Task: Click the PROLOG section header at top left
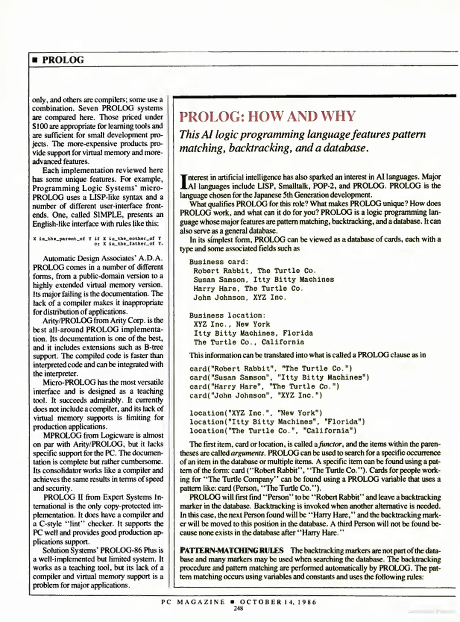(x=63, y=60)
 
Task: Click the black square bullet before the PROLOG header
(x=35, y=60)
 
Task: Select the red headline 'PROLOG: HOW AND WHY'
(x=267, y=116)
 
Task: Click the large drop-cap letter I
(x=183, y=182)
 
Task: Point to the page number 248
(x=238, y=608)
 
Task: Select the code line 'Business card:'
(x=219, y=262)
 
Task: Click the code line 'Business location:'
(x=227, y=315)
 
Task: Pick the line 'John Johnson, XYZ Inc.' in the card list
(x=240, y=297)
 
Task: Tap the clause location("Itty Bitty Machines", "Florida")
(x=277, y=422)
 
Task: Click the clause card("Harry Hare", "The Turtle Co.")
(x=264, y=386)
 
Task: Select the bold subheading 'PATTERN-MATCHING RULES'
(x=232, y=551)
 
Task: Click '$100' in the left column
(x=38, y=126)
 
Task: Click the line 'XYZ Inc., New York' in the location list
(x=232, y=324)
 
